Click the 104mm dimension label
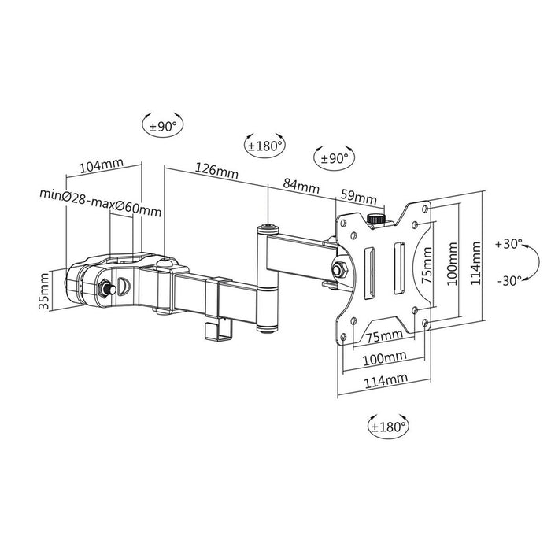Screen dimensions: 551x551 [x=102, y=165]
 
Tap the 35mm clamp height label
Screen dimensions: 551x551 [x=44, y=289]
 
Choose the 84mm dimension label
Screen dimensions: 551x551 [x=301, y=187]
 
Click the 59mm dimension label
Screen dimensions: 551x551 [x=357, y=194]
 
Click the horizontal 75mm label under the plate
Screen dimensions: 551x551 [x=385, y=337]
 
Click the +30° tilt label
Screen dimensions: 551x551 [x=508, y=245]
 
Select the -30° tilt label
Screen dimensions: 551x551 [x=508, y=281]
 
